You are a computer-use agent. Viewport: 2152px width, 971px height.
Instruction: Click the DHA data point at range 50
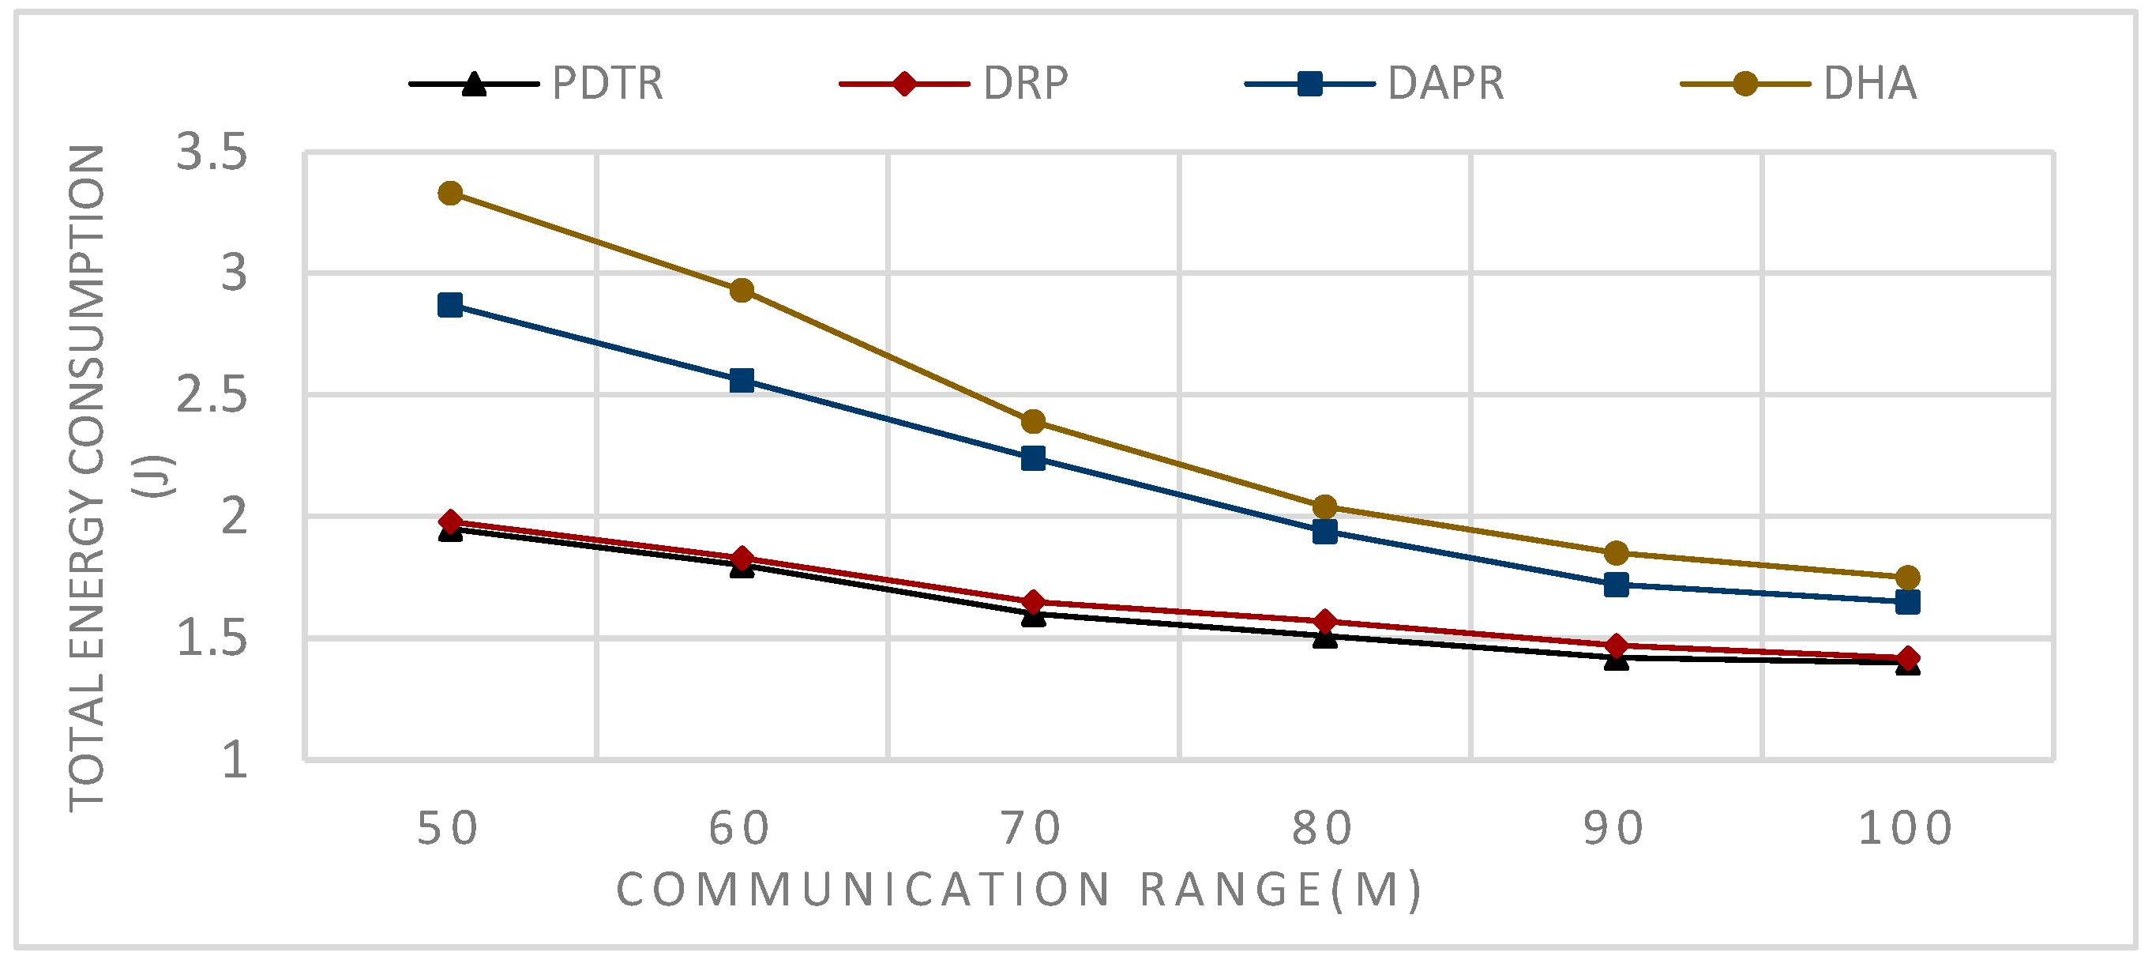point(450,194)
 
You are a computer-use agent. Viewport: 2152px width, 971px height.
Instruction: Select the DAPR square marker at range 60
point(742,381)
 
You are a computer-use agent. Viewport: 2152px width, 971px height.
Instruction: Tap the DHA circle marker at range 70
point(1034,421)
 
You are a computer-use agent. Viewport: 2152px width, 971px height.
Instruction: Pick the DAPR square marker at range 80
point(1325,532)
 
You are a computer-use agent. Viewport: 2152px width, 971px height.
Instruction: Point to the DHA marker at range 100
point(1907,578)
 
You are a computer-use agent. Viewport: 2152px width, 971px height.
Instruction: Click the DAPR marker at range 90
point(1617,584)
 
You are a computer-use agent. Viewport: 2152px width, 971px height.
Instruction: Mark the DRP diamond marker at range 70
point(1034,602)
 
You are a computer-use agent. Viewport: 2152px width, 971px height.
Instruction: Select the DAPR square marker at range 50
point(450,305)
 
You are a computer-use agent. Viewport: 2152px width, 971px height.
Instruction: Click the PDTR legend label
point(607,84)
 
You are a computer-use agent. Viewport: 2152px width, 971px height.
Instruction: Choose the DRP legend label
point(1025,84)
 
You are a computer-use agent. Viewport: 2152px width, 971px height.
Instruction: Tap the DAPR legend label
point(1445,84)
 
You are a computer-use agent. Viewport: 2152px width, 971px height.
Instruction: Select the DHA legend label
point(1869,84)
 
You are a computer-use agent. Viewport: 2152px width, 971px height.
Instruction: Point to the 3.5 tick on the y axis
point(212,153)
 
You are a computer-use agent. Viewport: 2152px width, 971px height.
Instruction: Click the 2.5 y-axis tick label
point(212,395)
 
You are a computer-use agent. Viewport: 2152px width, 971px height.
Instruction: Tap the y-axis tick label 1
point(235,760)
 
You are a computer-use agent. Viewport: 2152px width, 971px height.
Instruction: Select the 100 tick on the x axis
point(1906,829)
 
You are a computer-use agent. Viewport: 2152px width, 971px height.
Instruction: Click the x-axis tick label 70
point(1031,829)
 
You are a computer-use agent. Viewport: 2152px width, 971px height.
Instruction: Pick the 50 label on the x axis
point(449,829)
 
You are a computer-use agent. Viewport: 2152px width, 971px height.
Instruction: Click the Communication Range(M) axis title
point(1020,889)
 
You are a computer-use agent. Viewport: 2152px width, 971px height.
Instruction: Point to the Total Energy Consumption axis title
point(87,476)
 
